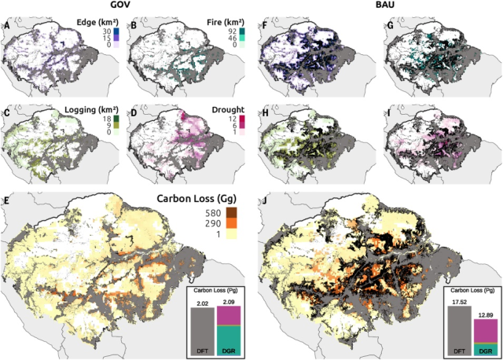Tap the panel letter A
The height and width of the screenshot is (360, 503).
coord(7,29)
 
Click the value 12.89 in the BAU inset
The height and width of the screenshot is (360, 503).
coord(486,313)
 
